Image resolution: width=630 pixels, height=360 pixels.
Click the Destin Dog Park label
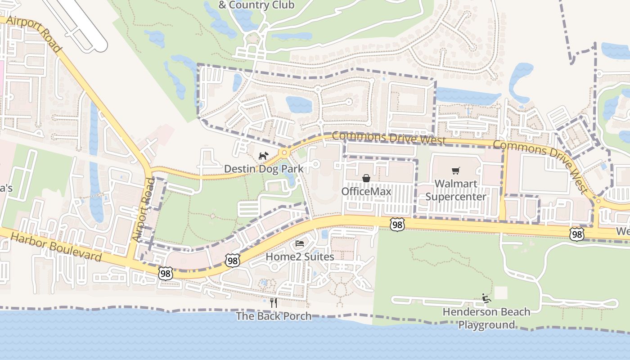263,169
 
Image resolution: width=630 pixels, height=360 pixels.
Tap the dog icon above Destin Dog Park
263,156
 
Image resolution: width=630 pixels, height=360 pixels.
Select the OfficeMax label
366,191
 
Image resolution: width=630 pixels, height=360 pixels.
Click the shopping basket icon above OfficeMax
366,179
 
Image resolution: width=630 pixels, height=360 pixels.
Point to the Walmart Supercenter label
455,190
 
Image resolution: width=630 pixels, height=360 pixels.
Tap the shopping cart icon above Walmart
455,171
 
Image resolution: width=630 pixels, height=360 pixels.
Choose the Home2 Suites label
300,256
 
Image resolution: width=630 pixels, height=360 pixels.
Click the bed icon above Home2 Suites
300,244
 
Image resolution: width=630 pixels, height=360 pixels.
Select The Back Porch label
274,316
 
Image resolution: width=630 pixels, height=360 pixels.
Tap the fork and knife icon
274,303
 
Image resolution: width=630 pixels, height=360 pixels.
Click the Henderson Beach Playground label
486,318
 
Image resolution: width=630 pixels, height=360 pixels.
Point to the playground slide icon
486,298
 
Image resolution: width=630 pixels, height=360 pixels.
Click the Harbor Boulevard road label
55,247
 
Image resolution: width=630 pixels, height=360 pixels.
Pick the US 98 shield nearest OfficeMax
397,225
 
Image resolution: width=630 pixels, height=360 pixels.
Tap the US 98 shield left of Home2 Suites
233,261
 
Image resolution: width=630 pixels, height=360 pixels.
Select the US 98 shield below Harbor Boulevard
165,273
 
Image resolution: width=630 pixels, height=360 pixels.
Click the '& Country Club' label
256,5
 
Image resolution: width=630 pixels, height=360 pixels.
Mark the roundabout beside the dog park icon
284,153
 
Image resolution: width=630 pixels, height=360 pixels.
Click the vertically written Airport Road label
144,210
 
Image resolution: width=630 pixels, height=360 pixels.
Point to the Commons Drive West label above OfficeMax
389,138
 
